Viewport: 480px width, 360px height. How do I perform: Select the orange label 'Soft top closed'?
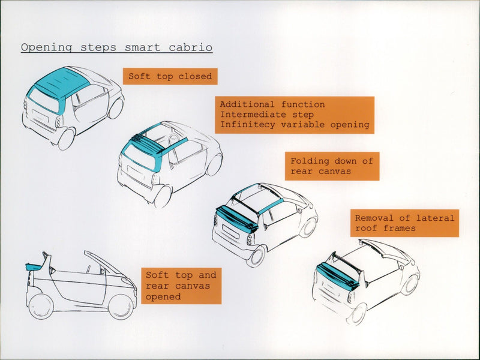point(170,76)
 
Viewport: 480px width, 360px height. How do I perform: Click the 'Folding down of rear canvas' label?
point(332,166)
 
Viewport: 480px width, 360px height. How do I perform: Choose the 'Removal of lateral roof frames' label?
point(404,223)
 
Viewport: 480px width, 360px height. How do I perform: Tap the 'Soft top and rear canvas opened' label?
point(181,286)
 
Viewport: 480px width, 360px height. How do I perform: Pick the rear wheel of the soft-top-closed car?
point(65,139)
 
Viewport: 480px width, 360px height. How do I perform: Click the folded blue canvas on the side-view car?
point(37,266)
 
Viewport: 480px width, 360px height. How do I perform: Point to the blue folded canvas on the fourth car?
point(338,275)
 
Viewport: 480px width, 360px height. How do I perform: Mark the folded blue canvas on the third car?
point(238,218)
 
